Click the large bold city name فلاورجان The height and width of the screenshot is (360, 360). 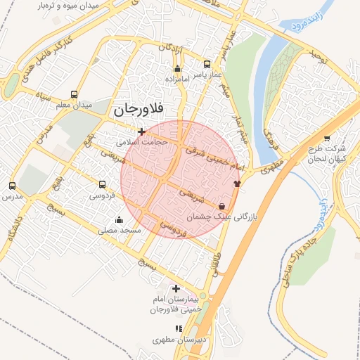[138, 110]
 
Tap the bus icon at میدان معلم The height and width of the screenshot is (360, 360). [74, 94]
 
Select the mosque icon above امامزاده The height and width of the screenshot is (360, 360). [177, 69]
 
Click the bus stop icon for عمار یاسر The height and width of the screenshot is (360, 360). [206, 63]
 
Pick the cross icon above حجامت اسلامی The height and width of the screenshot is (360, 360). [142, 131]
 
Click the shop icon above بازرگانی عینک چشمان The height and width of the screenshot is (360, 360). [222, 207]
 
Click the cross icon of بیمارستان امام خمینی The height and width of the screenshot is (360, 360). [176, 288]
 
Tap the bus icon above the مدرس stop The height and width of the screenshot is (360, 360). [11, 186]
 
